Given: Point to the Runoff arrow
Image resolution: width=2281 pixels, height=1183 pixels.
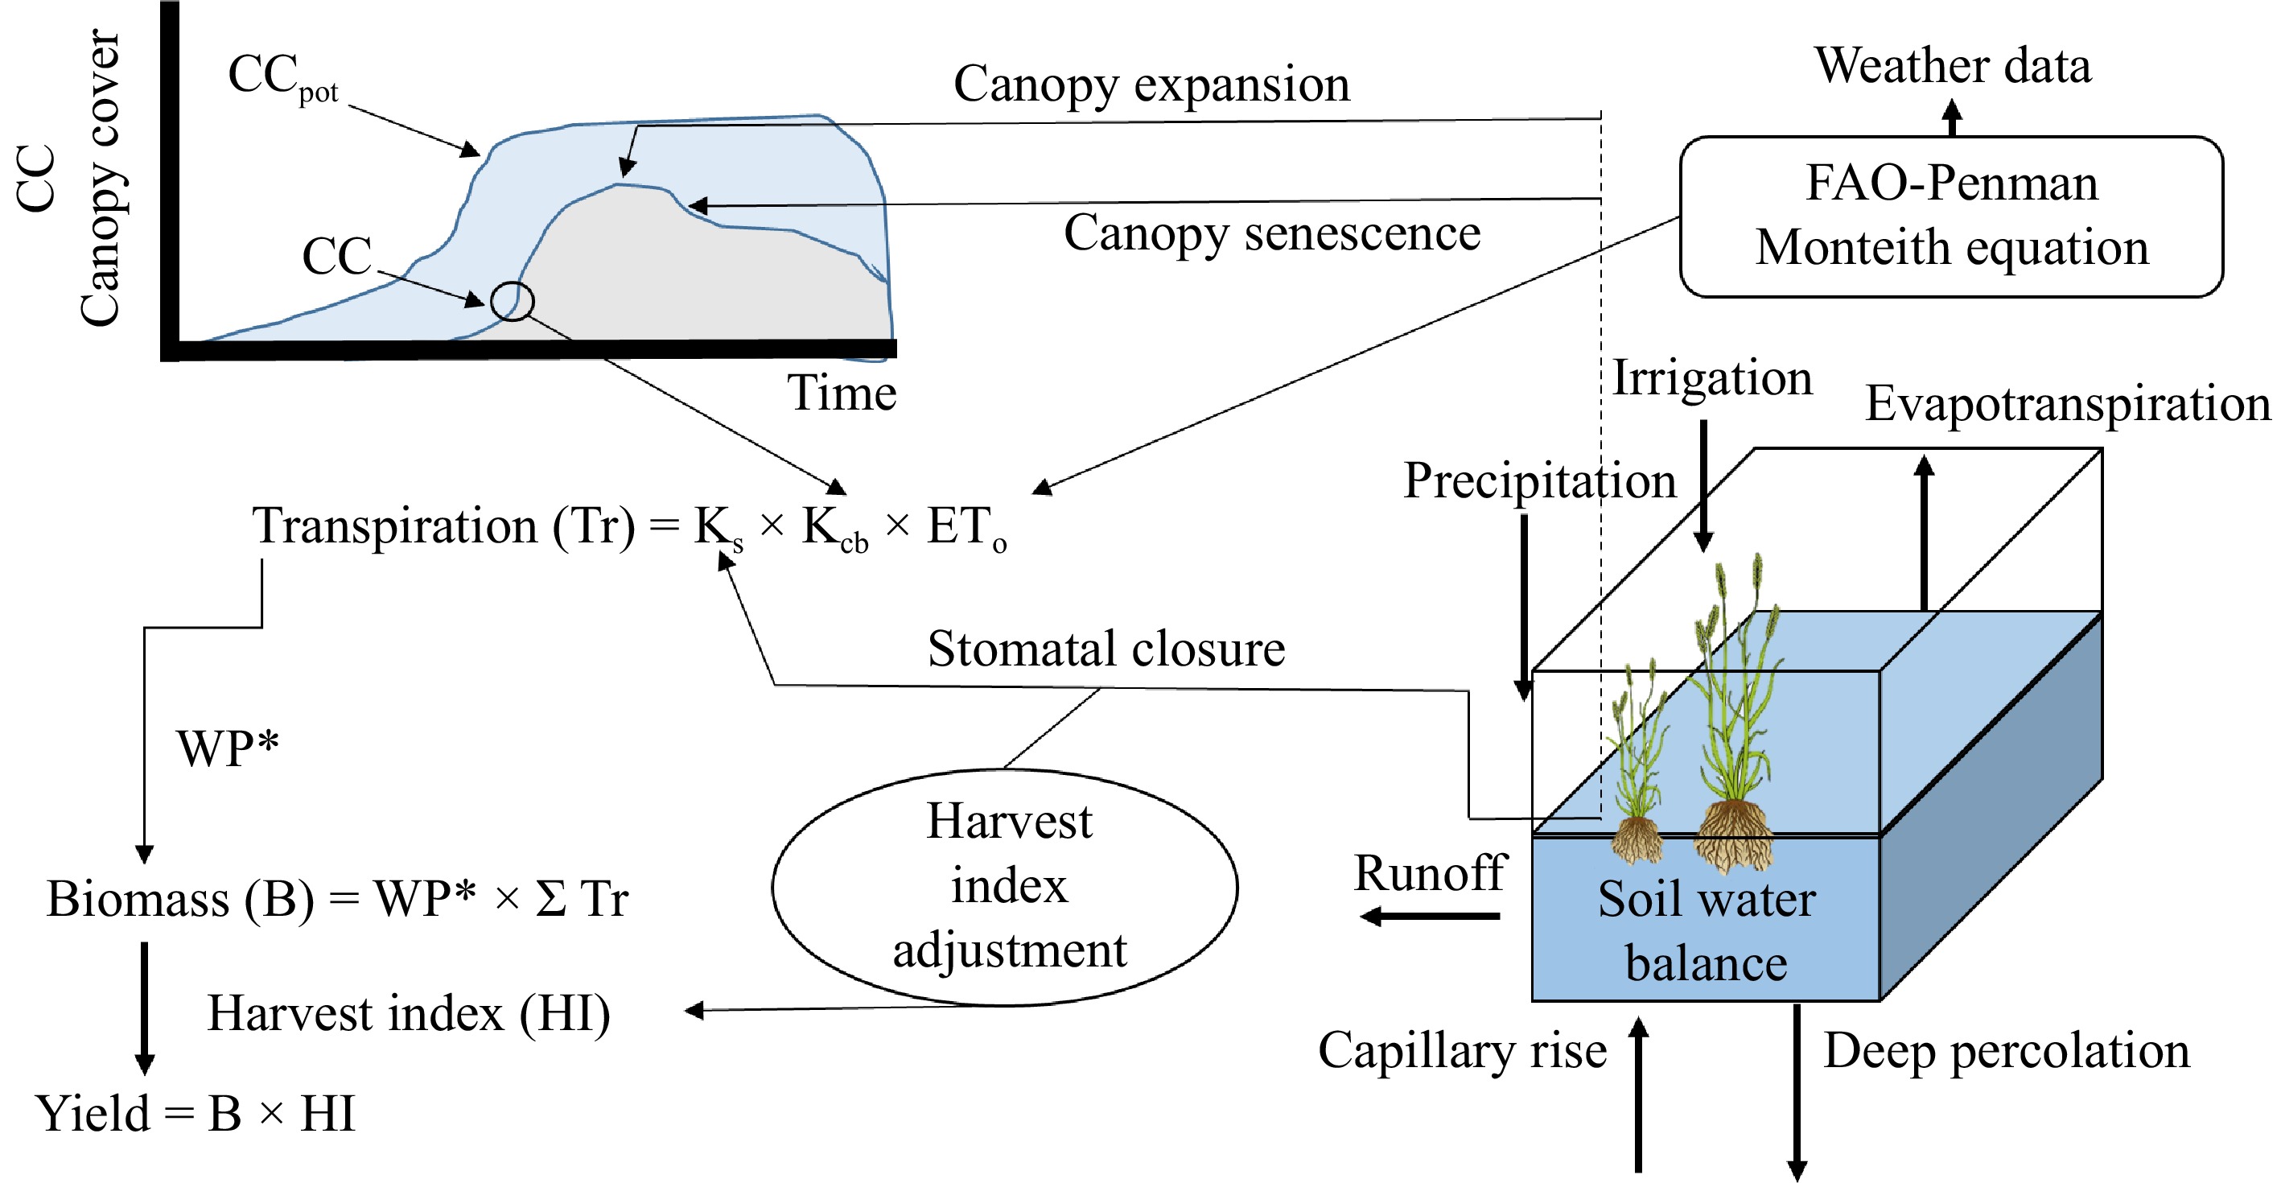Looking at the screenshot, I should [x=1430, y=916].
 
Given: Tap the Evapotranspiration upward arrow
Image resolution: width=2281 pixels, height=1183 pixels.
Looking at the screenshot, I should [x=1923, y=531].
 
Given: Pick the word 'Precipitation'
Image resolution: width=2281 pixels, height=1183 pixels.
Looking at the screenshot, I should [x=1539, y=480].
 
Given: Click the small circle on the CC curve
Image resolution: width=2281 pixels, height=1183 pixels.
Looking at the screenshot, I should [x=512, y=301].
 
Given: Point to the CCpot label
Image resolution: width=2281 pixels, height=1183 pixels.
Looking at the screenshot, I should [x=282, y=78].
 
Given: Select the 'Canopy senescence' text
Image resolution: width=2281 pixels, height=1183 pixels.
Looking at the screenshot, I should [x=1271, y=233].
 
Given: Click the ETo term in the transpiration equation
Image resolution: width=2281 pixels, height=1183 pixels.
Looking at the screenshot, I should [x=966, y=528].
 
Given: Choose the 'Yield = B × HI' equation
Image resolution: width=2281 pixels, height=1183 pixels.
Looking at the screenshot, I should [x=195, y=1113].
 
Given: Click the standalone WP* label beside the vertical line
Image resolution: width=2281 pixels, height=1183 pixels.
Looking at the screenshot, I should [x=228, y=748].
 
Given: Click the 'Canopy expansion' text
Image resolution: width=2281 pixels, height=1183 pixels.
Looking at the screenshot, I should [x=1151, y=84].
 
